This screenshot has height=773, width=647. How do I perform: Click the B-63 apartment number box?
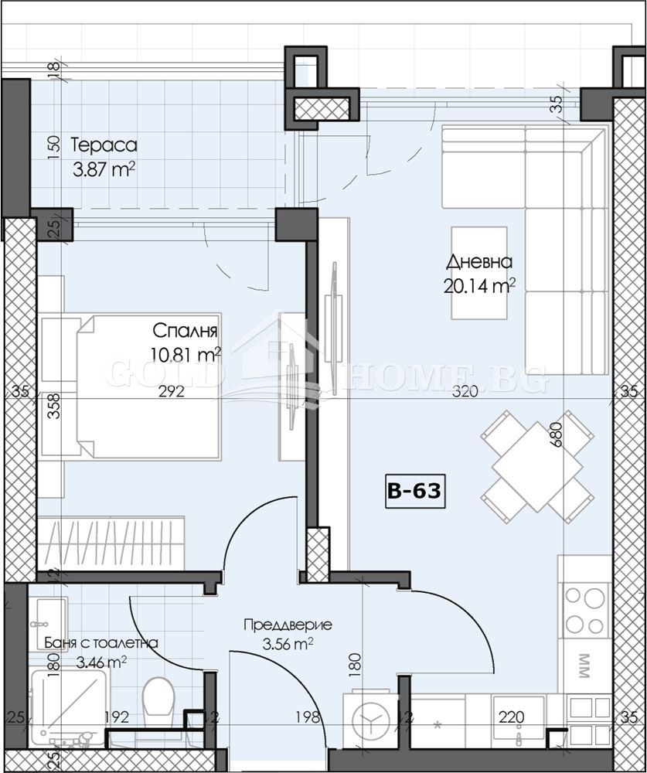pyautogui.click(x=415, y=492)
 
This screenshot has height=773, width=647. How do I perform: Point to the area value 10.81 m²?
pyautogui.click(x=186, y=355)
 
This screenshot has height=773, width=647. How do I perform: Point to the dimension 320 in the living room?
pyautogui.click(x=464, y=392)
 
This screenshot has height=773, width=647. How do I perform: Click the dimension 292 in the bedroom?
pyautogui.click(x=171, y=392)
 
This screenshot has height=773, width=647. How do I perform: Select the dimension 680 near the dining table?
pyautogui.click(x=556, y=436)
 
